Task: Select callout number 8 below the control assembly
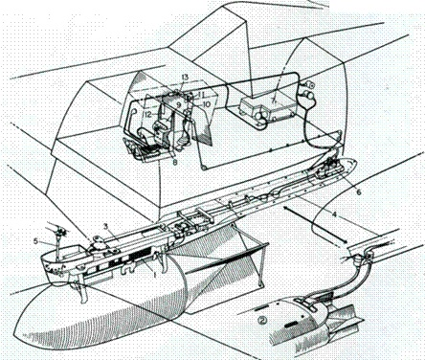pyautogui.click(x=172, y=164)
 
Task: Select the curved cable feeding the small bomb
pyautogui.click(x=339, y=281)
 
